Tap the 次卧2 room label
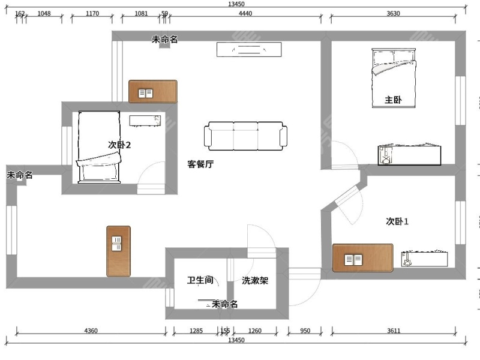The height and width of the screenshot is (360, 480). tap(119, 145)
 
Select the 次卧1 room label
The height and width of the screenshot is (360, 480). tap(397, 221)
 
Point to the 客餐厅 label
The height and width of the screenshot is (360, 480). tap(200, 164)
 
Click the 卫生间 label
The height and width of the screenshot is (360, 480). tap(200, 280)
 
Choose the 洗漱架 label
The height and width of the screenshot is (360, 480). tap(255, 280)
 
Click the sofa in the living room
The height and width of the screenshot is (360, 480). tap(245, 136)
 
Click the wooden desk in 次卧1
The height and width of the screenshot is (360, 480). tap(362, 258)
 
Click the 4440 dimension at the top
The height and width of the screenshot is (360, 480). tap(245, 13)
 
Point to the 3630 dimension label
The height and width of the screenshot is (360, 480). tap(393, 13)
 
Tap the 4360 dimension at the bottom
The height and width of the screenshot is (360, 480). tap(91, 331)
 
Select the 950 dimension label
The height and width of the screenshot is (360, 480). tap(305, 331)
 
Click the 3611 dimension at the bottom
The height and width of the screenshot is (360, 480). tap(392, 331)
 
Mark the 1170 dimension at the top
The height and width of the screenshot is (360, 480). tap(92, 13)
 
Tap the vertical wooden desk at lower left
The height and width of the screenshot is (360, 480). tap(118, 251)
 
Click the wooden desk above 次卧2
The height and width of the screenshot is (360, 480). tap(153, 92)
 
